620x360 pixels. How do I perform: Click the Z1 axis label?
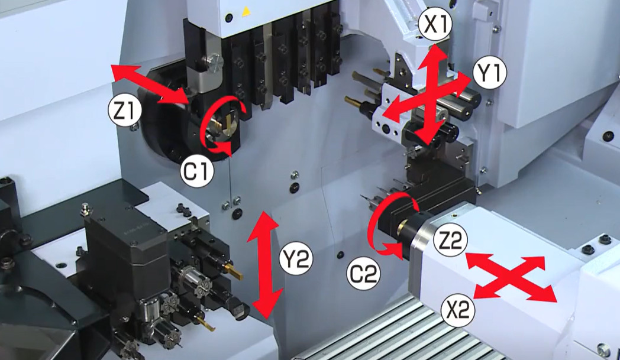[x=125, y=112]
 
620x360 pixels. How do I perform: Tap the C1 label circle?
[x=197, y=172]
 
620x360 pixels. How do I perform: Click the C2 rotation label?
[x=363, y=274]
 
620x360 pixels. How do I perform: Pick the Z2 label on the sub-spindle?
[x=450, y=239]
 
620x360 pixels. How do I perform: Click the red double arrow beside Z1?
[x=150, y=85]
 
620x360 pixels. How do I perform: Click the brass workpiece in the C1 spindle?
[x=219, y=124]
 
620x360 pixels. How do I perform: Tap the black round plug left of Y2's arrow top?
[x=236, y=214]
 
